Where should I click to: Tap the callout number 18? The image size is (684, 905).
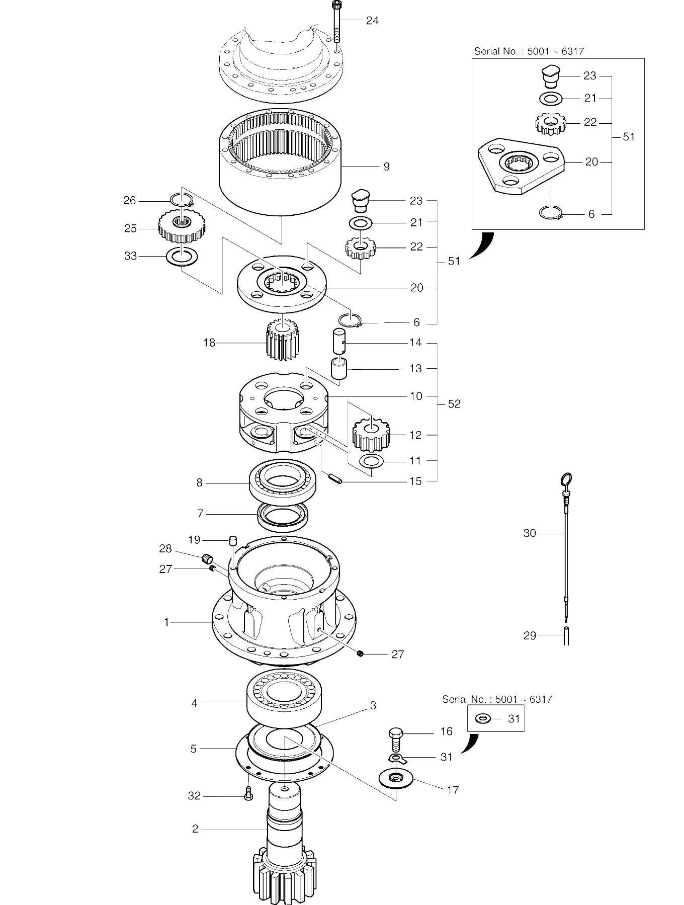click(x=209, y=343)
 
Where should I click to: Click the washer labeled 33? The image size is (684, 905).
click(x=182, y=257)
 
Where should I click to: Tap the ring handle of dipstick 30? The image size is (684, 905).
click(x=566, y=478)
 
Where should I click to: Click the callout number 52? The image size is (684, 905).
click(x=454, y=404)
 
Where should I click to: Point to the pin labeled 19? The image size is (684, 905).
click(x=233, y=541)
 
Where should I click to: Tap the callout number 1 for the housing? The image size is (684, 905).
click(x=166, y=622)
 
